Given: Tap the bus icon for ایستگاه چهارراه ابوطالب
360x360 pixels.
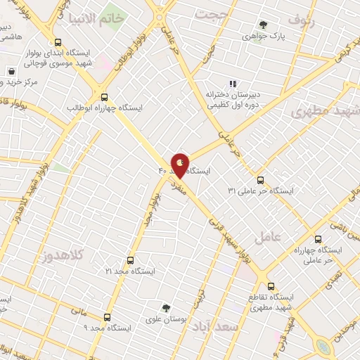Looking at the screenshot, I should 105,97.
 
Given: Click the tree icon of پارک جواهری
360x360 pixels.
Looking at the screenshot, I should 264,25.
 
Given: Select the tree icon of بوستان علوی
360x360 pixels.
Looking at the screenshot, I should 166,307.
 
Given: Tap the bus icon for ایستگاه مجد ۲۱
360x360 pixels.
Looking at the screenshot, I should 129,259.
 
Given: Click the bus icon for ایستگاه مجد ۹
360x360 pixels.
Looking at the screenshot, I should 107,317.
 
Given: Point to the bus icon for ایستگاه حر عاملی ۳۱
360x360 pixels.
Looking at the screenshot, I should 261,180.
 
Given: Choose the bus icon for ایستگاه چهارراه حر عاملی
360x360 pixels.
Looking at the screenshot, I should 318,239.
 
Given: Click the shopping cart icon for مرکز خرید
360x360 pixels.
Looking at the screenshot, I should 12,71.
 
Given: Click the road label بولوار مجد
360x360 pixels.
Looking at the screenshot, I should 149,210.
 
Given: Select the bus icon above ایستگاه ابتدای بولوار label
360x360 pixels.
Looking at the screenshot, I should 56,40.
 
